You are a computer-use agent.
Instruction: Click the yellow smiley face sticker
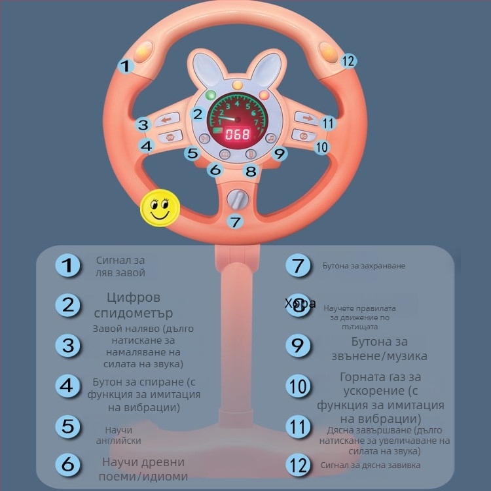pyautogui.click(x=159, y=209)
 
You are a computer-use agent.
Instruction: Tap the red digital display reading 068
pyautogui.click(x=237, y=135)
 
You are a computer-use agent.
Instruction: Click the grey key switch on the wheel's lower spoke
pyautogui.click(x=237, y=199)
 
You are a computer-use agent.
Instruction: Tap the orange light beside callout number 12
pyautogui.click(x=329, y=50)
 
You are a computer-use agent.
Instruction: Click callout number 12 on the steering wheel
pyautogui.click(x=348, y=61)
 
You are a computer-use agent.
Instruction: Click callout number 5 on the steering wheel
pyautogui.click(x=192, y=154)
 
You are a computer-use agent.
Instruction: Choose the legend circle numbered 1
pyautogui.click(x=67, y=266)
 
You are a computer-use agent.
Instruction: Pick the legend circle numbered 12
pyautogui.click(x=299, y=465)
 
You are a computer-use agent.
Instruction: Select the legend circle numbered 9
pyautogui.click(x=299, y=346)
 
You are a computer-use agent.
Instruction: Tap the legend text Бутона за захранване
pyautogui.click(x=364, y=266)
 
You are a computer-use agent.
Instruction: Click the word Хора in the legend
pyautogui.click(x=300, y=303)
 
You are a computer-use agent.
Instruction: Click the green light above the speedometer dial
pyautogui.click(x=211, y=96)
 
